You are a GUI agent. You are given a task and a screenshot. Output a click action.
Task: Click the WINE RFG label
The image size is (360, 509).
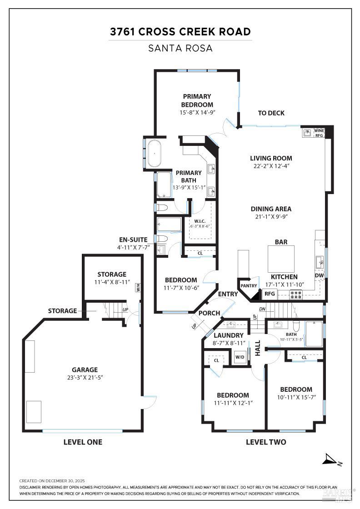(x=319, y=133)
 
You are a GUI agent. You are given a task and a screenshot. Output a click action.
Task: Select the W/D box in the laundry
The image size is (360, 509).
(x=240, y=357)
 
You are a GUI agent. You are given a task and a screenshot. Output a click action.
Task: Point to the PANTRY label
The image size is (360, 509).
(x=249, y=286)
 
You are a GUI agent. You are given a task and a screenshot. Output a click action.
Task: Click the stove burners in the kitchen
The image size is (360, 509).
(x=296, y=295)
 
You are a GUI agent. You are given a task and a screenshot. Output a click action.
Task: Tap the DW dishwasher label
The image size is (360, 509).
(x=320, y=275)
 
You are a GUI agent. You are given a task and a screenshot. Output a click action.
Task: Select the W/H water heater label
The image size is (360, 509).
(x=138, y=287)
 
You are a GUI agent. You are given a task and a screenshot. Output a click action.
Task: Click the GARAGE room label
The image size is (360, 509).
(x=85, y=369)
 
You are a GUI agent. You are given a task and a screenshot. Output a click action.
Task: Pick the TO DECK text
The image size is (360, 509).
(x=271, y=113)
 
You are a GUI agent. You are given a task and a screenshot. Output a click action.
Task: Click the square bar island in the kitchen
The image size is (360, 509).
(x=281, y=259)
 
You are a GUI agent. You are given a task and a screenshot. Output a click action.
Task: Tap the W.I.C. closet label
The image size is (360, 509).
(x=200, y=221)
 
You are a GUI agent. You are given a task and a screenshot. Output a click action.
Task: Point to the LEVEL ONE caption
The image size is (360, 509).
(x=83, y=442)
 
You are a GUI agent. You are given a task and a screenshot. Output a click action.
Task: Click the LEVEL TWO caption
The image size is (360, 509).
(x=266, y=442)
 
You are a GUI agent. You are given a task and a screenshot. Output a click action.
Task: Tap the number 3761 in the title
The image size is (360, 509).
(x=123, y=31)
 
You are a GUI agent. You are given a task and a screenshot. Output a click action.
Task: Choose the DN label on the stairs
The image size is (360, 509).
(x=262, y=309)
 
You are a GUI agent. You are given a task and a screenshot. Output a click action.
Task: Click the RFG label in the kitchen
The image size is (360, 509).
(x=270, y=294)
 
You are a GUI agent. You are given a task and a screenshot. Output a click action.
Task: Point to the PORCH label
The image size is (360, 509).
(x=210, y=313)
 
